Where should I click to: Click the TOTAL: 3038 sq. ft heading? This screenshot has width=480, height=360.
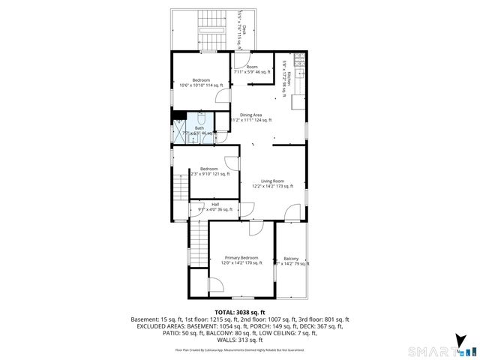[x=239, y=312]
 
